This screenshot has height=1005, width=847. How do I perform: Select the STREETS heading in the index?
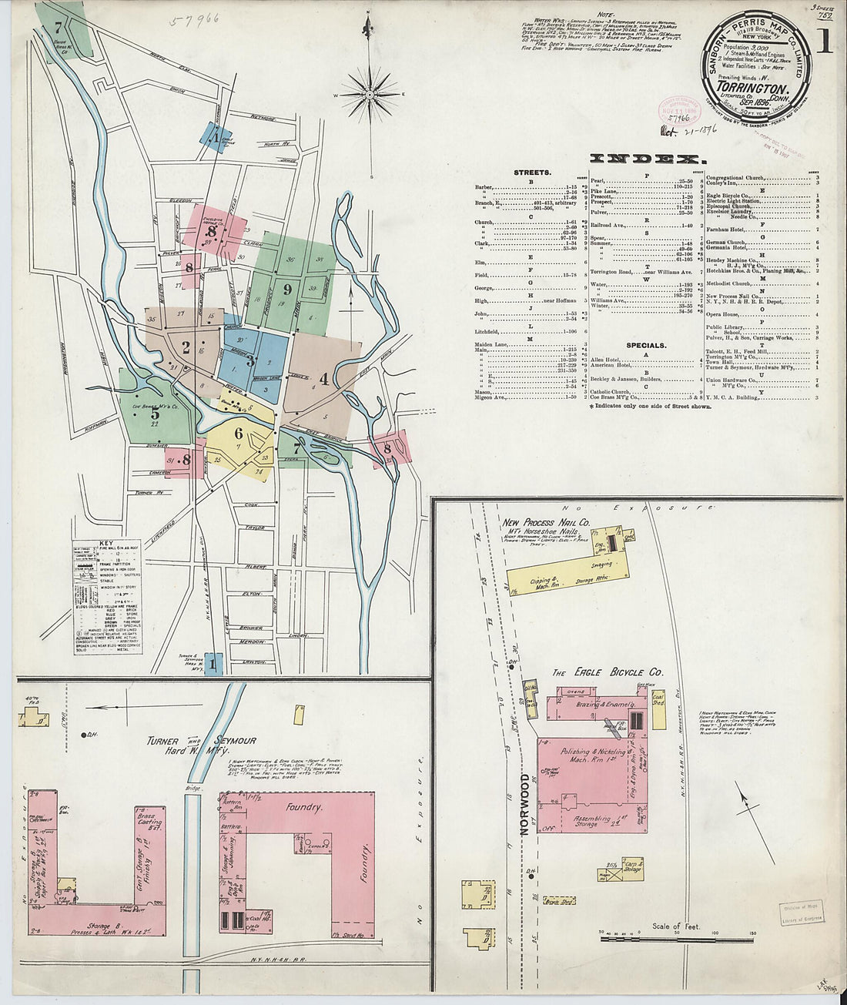[532, 173]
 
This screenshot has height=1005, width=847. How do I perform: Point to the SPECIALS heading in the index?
[645, 346]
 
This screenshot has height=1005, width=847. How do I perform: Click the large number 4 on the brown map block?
[324, 378]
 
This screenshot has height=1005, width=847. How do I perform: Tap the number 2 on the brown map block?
[186, 347]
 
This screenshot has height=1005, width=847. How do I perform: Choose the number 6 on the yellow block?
[239, 433]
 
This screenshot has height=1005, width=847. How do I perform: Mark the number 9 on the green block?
[286, 290]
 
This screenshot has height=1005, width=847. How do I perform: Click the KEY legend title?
[108, 544]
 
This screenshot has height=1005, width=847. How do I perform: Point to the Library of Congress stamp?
[801, 913]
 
